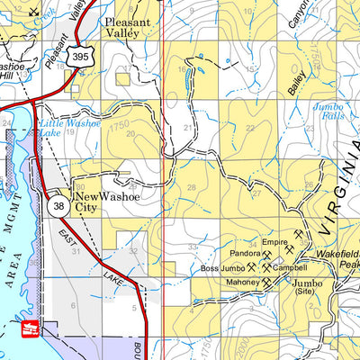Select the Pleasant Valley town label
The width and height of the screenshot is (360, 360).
(x=130, y=26)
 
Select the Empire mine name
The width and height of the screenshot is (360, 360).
(x=274, y=242)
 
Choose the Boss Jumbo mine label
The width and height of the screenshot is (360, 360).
(x=222, y=268)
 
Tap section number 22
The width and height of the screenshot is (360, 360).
(x=250, y=128)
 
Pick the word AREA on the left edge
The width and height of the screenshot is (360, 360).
(x=14, y=275)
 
